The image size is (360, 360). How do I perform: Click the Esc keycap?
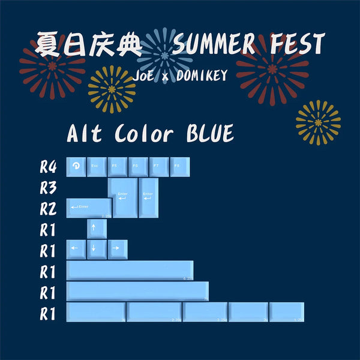click(x=97, y=166)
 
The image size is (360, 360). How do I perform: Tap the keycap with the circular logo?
click(x=76, y=166)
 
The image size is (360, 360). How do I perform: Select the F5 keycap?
click(x=117, y=166)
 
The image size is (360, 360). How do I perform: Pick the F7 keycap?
click(x=158, y=166)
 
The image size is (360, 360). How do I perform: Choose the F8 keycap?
click(x=179, y=166)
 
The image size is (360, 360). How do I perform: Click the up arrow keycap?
click(x=97, y=229)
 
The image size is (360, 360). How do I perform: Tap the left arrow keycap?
click(x=76, y=248)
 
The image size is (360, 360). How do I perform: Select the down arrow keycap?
click(x=97, y=248)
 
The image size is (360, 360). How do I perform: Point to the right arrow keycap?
click(x=117, y=248)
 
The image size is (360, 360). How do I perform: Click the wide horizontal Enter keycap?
click(x=89, y=208)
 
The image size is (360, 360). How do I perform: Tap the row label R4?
click(x=48, y=167)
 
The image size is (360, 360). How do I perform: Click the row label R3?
click(x=48, y=188)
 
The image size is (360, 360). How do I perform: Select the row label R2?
click(x=48, y=209)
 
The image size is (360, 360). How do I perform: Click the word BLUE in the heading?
click(x=202, y=133)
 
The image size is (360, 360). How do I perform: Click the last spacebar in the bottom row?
click(x=287, y=311)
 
